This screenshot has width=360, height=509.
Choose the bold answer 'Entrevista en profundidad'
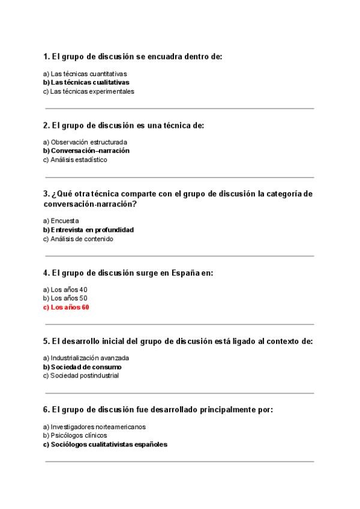pos(92,229)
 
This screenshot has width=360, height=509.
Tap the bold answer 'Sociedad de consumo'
pos(86,367)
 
